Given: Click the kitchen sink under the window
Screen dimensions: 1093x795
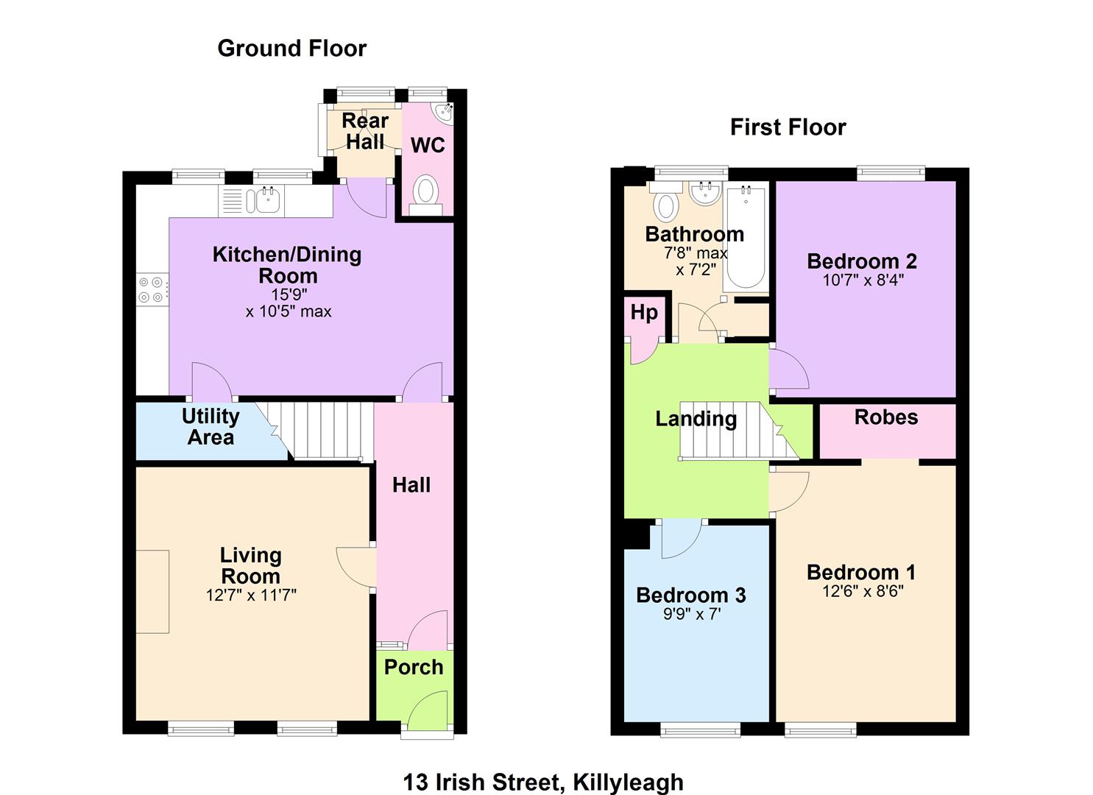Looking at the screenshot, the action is (263, 200).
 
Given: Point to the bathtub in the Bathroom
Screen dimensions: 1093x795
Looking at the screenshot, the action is (746, 238).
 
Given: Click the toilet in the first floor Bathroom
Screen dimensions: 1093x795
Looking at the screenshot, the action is (666, 203).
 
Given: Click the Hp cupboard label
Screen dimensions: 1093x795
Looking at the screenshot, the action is (643, 312).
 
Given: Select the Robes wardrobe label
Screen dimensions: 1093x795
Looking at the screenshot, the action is (886, 417).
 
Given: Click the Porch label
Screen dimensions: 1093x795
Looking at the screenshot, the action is (414, 667).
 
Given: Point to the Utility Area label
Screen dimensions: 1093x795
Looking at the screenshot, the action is (211, 426).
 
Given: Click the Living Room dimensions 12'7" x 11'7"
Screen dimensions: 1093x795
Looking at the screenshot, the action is (251, 595).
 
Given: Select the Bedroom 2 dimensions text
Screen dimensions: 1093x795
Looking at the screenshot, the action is (863, 280).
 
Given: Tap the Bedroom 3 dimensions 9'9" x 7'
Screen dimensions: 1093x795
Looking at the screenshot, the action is (692, 613).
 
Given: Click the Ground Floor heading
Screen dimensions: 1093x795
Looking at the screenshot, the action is (291, 49).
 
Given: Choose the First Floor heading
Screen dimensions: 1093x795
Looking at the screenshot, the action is (788, 127).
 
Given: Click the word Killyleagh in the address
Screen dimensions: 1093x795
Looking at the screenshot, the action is (628, 782).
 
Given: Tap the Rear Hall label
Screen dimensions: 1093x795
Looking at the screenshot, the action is (365, 131).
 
